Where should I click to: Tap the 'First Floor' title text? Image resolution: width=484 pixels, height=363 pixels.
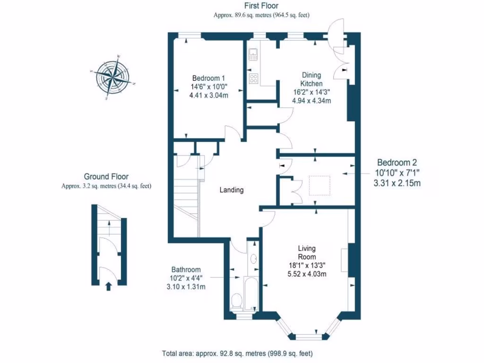(261, 6)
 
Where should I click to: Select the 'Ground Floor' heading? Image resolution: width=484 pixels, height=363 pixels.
(106, 177)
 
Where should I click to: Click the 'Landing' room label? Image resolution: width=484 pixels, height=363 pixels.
(232, 190)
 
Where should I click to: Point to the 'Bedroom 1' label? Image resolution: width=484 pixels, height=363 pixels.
(208, 78)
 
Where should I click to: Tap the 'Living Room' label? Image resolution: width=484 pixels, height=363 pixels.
(307, 252)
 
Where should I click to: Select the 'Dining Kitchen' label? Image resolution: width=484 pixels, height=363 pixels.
(311, 79)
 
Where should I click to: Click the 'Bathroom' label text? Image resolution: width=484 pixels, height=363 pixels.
(186, 269)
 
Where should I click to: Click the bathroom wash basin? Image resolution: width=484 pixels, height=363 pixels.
(253, 259)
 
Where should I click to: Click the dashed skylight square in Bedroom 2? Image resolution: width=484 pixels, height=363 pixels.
(319, 185)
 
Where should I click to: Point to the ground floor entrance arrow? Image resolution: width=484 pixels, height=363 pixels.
(108, 285)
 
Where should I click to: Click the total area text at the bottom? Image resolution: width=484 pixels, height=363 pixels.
(237, 354)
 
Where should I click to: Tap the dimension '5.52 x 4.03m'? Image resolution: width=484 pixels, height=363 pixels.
(307, 274)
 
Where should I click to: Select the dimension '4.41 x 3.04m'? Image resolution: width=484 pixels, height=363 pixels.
(208, 95)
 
